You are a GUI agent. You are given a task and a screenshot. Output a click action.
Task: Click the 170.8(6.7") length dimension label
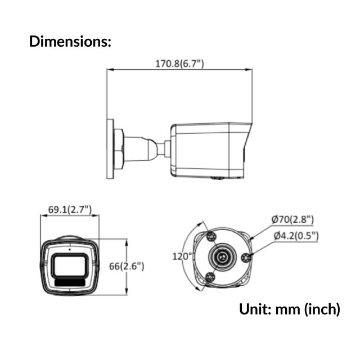pos(179,64)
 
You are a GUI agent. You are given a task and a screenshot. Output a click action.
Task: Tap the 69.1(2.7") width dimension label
pos(70,210)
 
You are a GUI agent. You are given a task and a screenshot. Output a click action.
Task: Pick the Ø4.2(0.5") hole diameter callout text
pos(296,236)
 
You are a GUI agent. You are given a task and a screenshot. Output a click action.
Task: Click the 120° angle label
pos(182,256)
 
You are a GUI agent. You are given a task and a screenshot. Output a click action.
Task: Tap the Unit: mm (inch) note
pos(290,309)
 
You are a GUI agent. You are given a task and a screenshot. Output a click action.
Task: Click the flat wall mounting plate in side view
pos(110,148)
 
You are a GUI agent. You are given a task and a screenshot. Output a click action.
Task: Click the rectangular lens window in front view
pos(70,265)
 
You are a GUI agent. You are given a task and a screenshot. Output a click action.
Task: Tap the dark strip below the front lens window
pos(70,281)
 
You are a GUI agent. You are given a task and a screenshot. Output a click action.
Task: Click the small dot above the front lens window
pos(70,248)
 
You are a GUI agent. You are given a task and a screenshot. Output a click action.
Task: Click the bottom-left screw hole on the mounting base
pos(209,277)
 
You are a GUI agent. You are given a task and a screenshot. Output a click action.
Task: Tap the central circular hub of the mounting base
pos(222,257)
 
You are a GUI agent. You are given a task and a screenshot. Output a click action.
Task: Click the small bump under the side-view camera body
pos(217,178)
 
